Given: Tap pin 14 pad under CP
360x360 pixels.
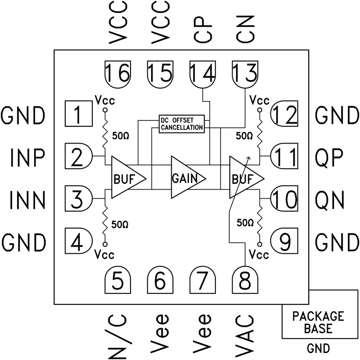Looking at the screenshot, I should tap(203, 74).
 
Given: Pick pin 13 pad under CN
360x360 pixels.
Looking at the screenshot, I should tap(245, 74).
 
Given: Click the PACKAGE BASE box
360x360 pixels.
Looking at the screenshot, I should tap(318, 322).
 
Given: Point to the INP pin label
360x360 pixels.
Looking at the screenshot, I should tap(27, 159).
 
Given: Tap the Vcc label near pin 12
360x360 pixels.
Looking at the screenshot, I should tap(259, 100).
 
